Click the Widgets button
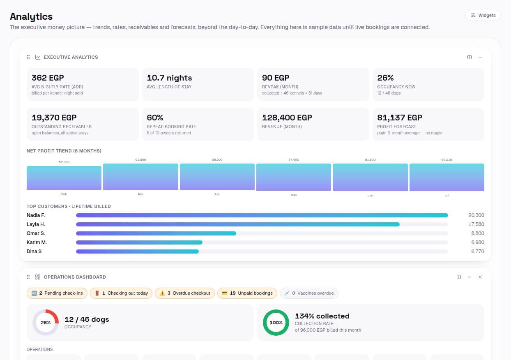click(x=483, y=15)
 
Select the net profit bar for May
click(x=294, y=177)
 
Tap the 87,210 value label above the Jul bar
click(x=447, y=159)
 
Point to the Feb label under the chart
click(x=64, y=194)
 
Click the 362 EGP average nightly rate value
click(x=48, y=78)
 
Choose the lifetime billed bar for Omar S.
click(x=156, y=233)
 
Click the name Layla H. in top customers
click(x=36, y=224)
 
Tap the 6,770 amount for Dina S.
click(x=478, y=252)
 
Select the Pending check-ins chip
click(x=57, y=293)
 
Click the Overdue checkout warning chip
click(x=185, y=293)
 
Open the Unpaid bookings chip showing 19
click(x=247, y=293)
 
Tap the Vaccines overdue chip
click(x=309, y=293)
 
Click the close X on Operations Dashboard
click(x=480, y=277)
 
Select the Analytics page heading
click(x=31, y=17)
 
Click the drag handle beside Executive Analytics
click(x=28, y=57)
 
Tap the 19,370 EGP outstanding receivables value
click(x=54, y=118)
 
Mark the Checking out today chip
click(x=121, y=293)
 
